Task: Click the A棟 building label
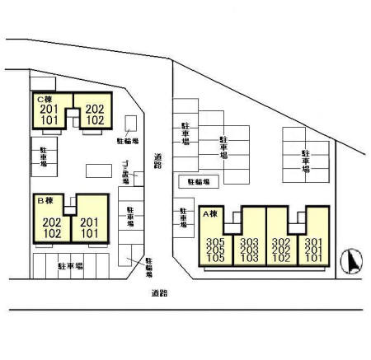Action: coord(209,214)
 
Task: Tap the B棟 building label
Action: coord(44,200)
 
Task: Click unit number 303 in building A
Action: coord(250,241)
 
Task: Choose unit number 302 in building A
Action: coord(282,241)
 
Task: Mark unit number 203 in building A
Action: coord(250,250)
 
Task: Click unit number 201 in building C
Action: coord(49,109)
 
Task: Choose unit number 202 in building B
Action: coord(51,222)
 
